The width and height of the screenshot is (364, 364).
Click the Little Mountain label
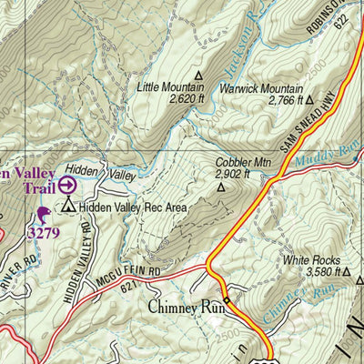point(171,86)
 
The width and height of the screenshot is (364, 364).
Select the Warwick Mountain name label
point(261,89)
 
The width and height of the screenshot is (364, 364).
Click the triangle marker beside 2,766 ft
point(309,100)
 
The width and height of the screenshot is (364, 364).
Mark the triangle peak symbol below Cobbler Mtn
point(220,187)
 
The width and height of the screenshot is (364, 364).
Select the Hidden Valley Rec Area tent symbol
point(67,207)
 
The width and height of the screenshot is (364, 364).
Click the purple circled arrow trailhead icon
point(67,186)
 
